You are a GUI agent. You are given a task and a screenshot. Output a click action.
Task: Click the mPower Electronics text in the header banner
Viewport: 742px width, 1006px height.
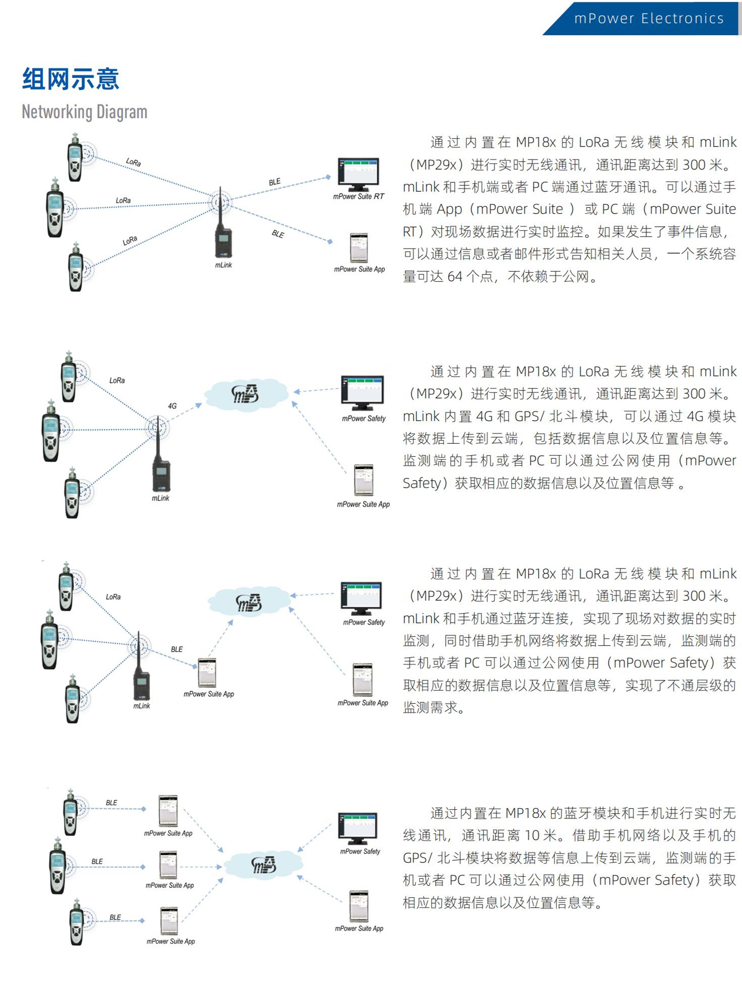point(648,19)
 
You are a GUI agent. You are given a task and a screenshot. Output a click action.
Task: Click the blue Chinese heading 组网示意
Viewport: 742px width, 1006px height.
point(70,79)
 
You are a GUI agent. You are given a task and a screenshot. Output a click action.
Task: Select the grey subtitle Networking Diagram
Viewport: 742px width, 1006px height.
point(85,112)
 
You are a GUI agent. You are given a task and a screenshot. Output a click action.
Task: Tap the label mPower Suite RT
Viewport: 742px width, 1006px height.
point(358,197)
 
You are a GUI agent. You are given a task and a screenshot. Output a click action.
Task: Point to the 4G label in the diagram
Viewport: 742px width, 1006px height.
point(172,406)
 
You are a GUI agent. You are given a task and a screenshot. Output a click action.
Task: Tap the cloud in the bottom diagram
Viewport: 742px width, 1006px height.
point(263,864)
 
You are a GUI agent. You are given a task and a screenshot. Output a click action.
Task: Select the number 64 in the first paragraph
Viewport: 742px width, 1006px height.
point(454,277)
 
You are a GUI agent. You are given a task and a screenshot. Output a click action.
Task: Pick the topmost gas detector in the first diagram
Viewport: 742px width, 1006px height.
point(75,158)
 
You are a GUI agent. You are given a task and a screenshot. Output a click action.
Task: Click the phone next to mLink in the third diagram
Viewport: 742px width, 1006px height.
point(207,673)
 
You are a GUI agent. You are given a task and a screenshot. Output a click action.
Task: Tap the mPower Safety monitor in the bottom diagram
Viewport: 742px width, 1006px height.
point(357,828)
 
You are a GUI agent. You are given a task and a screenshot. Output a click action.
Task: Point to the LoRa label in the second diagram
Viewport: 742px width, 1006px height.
point(117,381)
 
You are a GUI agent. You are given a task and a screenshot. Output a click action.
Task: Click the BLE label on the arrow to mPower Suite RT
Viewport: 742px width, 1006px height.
point(275,182)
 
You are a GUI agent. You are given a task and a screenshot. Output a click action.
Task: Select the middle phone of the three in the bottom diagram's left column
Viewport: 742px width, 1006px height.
point(168,865)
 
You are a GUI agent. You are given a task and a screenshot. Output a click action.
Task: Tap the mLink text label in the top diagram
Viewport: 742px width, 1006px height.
point(223,265)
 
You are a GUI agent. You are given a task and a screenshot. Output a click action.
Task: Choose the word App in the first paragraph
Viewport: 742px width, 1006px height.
point(449,209)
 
